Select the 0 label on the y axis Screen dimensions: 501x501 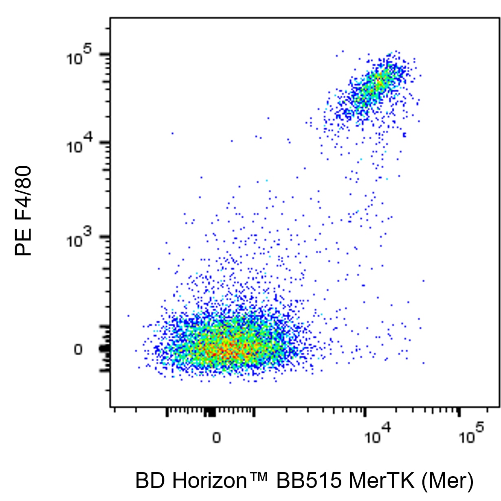[x=78, y=350]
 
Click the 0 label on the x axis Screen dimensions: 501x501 [x=216, y=438]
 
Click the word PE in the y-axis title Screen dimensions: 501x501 [x=23, y=242]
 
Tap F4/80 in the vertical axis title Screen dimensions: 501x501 [x=23, y=193]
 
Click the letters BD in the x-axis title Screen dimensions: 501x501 [x=150, y=481]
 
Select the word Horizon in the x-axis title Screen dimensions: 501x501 [x=209, y=481]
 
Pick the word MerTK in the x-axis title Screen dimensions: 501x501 [x=381, y=481]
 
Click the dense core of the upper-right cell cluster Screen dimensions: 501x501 [x=377, y=83]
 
